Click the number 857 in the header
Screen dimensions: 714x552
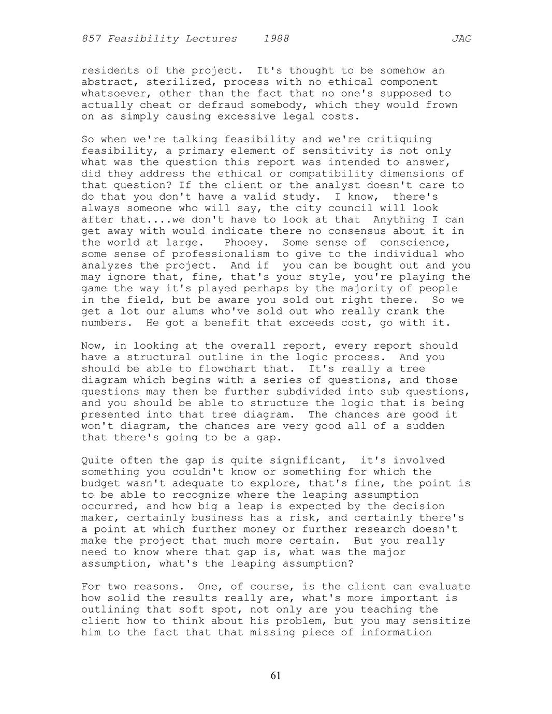[91, 39]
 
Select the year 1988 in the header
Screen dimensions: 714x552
[276, 39]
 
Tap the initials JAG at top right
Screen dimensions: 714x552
[461, 39]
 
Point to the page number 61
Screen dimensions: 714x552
[275, 675]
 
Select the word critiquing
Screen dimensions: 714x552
[399, 140]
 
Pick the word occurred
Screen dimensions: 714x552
[107, 507]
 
